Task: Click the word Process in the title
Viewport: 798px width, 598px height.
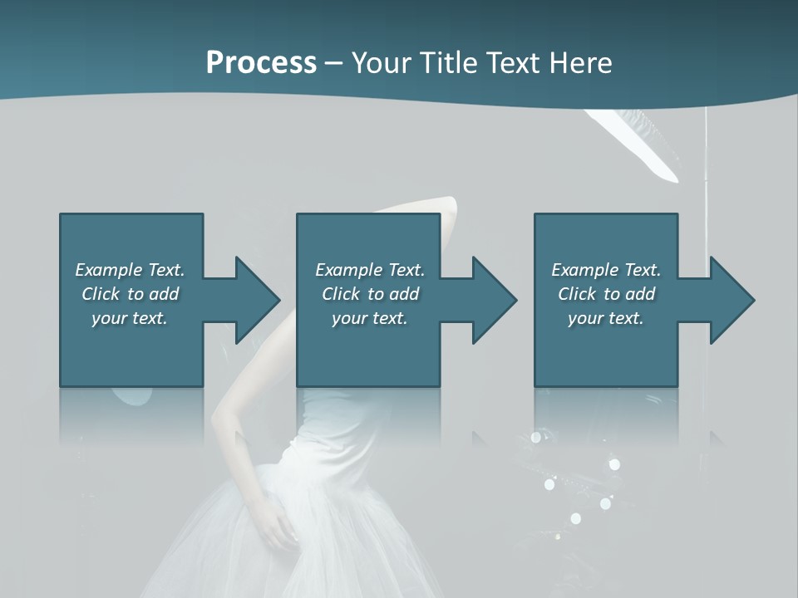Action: tap(261, 63)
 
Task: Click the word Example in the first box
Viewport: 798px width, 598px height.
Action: tap(109, 270)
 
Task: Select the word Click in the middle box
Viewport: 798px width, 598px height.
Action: tap(342, 294)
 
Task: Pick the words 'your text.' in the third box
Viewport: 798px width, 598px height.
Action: tap(606, 318)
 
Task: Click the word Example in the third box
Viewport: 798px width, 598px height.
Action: tap(585, 270)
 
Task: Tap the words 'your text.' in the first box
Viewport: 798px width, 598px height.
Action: tap(130, 318)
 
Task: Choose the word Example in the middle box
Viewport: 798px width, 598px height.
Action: tap(349, 270)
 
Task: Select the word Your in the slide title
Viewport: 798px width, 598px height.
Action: tap(380, 63)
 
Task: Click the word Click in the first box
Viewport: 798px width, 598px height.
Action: tap(101, 294)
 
